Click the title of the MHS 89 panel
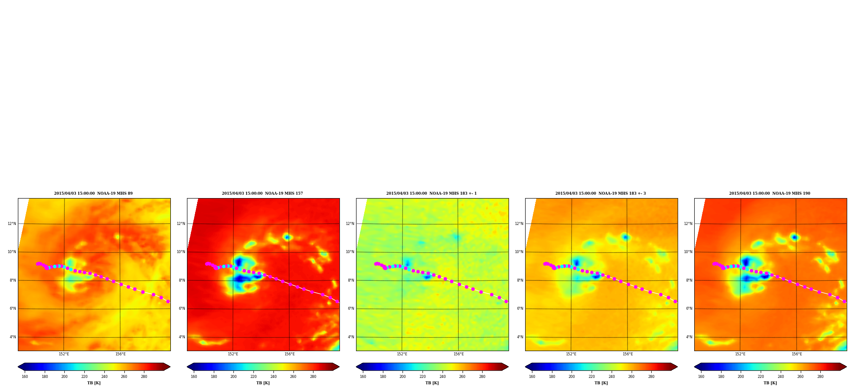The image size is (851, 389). tap(93, 193)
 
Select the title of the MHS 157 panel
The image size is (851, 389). tap(262, 193)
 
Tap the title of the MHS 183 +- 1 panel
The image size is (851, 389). tap(431, 193)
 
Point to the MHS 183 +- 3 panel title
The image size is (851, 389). tap(601, 193)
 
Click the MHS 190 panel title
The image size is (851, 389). tap(770, 193)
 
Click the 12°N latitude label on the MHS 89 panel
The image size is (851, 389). tap(11, 224)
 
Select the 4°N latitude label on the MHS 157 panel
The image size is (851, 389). tap(182, 337)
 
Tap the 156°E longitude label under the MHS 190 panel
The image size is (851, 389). tap(796, 354)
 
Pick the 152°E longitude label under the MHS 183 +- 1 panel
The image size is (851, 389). tap(402, 354)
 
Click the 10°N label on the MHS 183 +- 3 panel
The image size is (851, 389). tap(519, 252)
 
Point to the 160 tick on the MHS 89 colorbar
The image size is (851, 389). tap(25, 377)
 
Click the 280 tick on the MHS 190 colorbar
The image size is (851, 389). tap(820, 377)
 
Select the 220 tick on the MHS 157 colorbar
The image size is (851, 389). tap(253, 377)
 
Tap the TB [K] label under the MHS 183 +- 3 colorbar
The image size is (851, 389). tap(601, 383)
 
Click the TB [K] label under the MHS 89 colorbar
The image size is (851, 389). tap(94, 383)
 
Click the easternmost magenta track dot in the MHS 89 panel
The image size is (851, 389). tap(168, 301)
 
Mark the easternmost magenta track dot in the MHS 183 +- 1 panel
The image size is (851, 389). tap(506, 301)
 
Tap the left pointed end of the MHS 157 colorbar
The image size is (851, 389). tap(188, 366)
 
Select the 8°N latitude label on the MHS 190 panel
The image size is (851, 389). tap(689, 280)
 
